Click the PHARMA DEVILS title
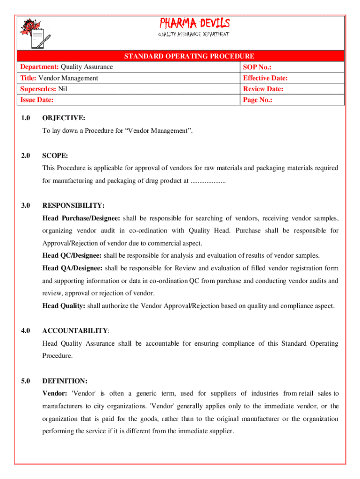[x=195, y=23]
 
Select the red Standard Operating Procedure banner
[x=189, y=57]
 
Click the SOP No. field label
[x=258, y=67]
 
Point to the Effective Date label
[x=265, y=78]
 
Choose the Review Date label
[x=263, y=89]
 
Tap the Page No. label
[x=258, y=100]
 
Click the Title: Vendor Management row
[x=59, y=78]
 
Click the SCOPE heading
[x=55, y=155]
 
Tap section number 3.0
[x=26, y=205]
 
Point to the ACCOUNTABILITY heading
[x=75, y=331]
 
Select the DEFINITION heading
[x=65, y=381]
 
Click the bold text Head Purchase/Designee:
[x=81, y=218]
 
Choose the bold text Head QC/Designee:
[x=72, y=255]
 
